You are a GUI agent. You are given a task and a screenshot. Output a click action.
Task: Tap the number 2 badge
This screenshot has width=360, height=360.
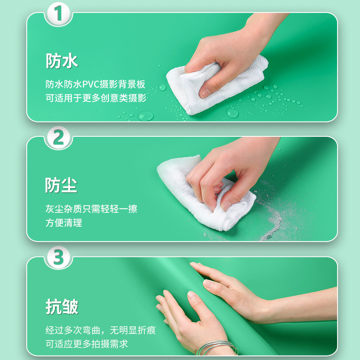59,138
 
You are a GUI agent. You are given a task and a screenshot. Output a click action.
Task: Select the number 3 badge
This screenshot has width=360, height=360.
59,257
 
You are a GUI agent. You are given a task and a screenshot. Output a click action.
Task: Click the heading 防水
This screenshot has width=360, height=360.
62,61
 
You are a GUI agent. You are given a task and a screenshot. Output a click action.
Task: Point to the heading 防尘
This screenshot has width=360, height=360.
61,185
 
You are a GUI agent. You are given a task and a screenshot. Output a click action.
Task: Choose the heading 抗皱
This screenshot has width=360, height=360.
62,306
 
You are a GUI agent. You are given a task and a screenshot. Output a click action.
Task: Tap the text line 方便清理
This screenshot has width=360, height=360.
63,223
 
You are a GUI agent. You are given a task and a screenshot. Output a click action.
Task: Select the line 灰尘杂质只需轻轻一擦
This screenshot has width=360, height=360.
91,209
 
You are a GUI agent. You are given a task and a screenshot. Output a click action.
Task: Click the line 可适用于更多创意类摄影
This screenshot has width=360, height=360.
95,98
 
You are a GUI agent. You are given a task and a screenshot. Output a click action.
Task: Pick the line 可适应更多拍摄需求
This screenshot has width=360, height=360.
86,344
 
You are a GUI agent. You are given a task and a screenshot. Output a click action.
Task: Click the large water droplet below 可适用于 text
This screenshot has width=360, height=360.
145,116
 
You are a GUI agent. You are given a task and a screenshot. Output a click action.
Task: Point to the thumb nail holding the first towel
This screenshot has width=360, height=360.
205,92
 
